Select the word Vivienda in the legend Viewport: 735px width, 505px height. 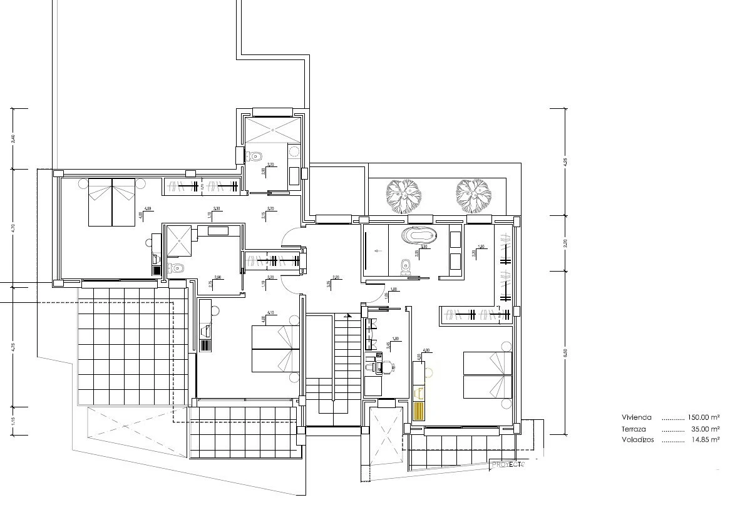pos(637,417)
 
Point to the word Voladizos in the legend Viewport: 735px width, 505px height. pos(638,441)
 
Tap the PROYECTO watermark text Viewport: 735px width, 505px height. pos(508,464)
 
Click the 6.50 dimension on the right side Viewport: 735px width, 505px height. pos(565,353)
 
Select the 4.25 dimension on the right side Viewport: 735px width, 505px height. pos(565,161)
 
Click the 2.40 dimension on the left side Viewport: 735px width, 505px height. pos(14,139)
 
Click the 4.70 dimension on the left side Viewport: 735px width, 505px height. pos(14,227)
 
